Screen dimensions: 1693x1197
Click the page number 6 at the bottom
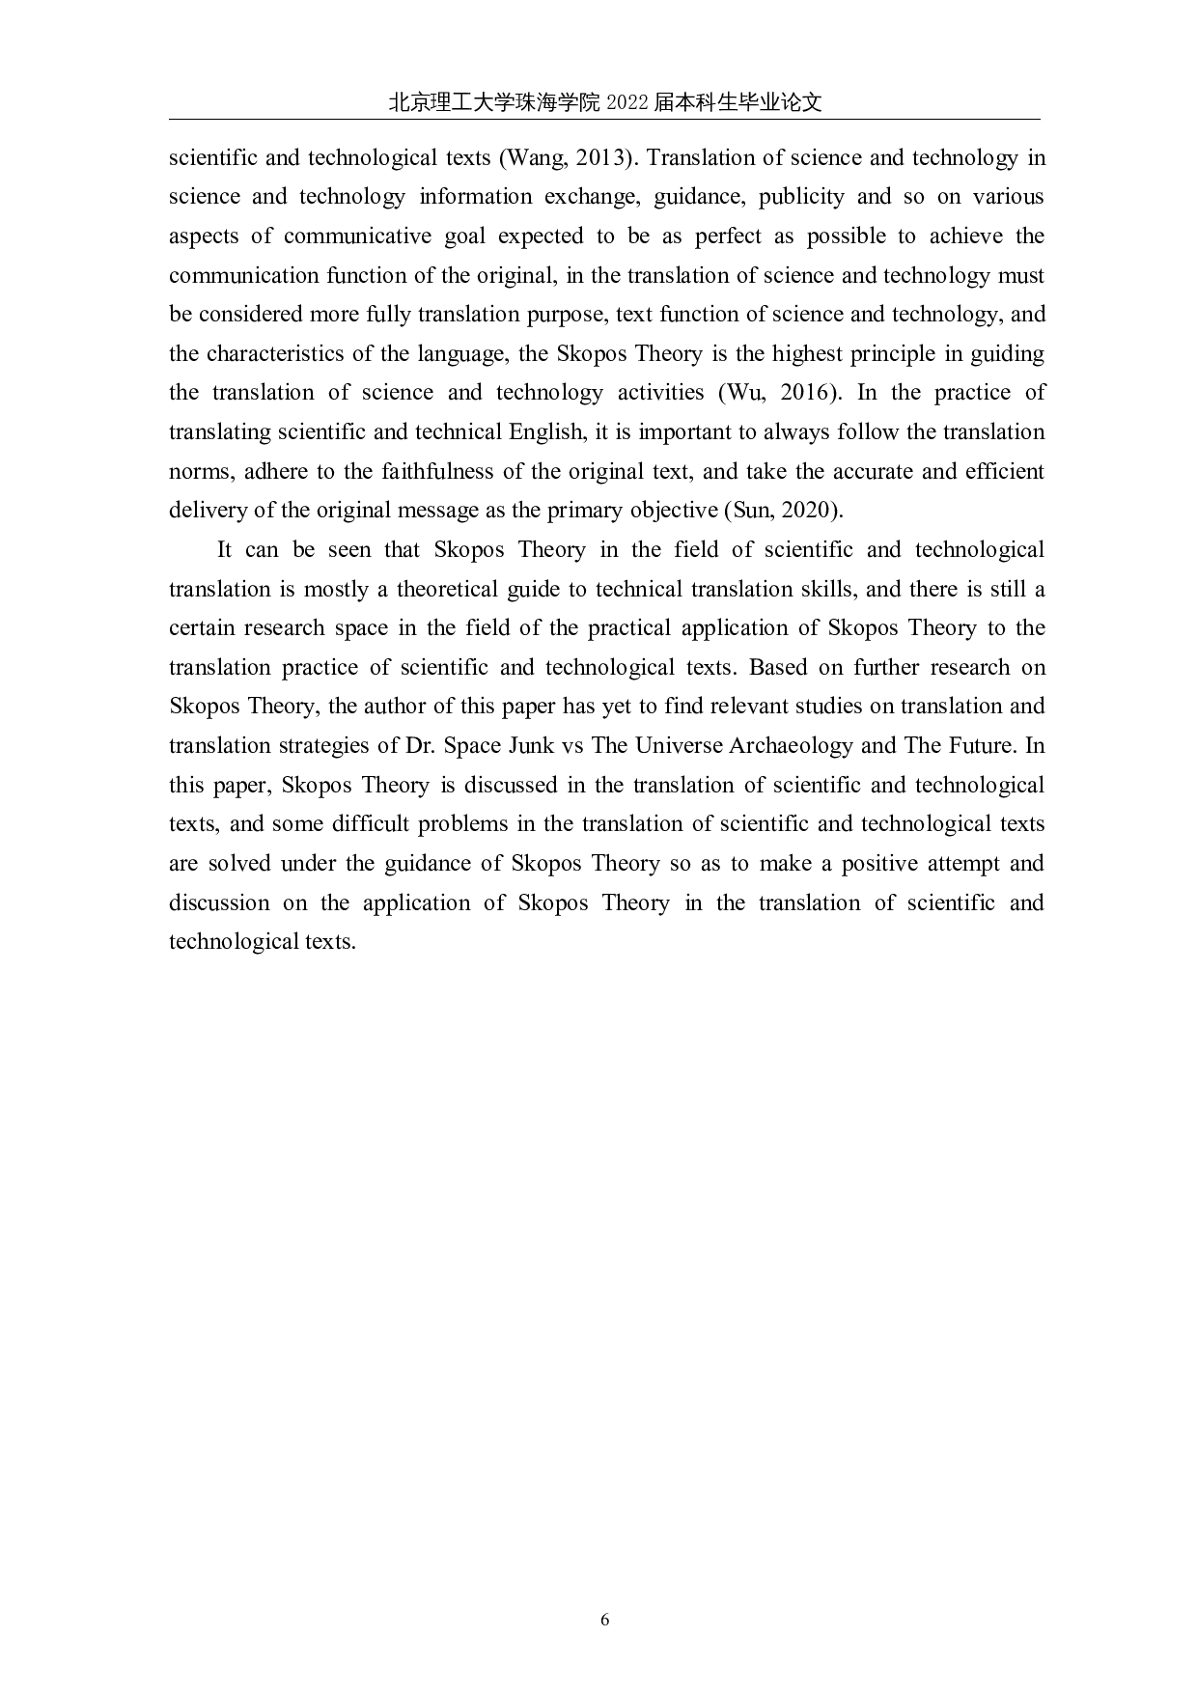[605, 1619]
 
